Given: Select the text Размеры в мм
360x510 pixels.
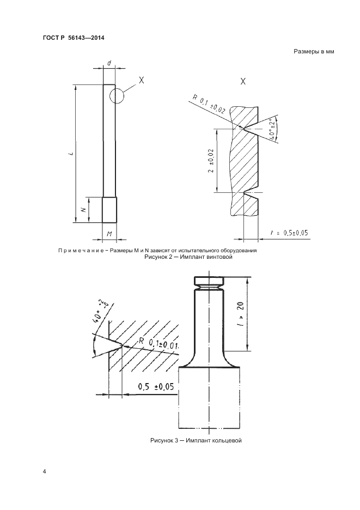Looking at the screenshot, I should pyautogui.click(x=313, y=52).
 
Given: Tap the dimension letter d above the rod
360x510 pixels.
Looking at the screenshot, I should pyautogui.click(x=109, y=64).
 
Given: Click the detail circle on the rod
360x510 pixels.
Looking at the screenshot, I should pyautogui.click(x=116, y=95).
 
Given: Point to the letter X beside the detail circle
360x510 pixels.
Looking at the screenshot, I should pyautogui.click(x=141, y=80).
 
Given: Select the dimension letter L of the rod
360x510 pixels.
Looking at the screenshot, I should pyautogui.click(x=71, y=155).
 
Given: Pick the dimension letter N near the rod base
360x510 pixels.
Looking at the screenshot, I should pyautogui.click(x=82, y=209).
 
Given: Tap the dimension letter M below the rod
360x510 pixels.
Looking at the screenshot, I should pyautogui.click(x=109, y=234).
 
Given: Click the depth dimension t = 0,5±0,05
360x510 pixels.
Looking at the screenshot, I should pyautogui.click(x=289, y=233).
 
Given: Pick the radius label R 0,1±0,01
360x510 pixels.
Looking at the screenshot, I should pyautogui.click(x=159, y=344).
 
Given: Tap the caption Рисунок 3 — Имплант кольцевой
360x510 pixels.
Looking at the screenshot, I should pyautogui.click(x=196, y=440).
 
